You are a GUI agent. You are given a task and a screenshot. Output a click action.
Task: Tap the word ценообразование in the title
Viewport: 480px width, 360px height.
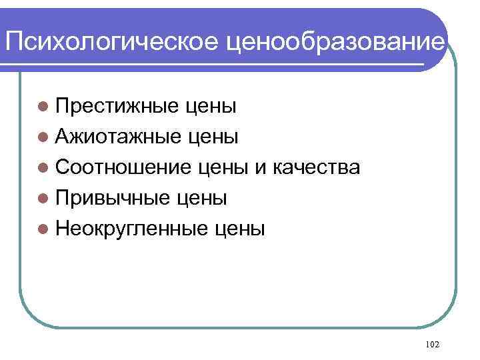click(335, 43)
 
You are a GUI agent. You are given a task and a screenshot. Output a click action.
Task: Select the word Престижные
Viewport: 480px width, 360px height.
click(117, 106)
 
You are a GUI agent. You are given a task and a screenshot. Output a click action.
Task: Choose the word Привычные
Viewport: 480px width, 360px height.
click(114, 198)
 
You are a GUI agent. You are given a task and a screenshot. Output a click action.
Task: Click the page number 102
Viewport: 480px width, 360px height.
click(432, 344)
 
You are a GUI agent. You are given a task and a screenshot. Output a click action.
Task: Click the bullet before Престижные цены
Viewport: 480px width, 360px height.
click(43, 106)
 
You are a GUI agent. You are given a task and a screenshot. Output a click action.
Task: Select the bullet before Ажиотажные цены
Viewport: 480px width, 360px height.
click(43, 137)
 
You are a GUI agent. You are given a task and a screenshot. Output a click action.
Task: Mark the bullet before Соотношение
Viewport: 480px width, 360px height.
click(43, 167)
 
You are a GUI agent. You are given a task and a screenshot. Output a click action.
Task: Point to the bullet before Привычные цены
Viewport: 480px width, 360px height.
click(43, 198)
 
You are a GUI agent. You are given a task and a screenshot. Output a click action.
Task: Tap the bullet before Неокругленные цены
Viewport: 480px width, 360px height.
click(43, 229)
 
